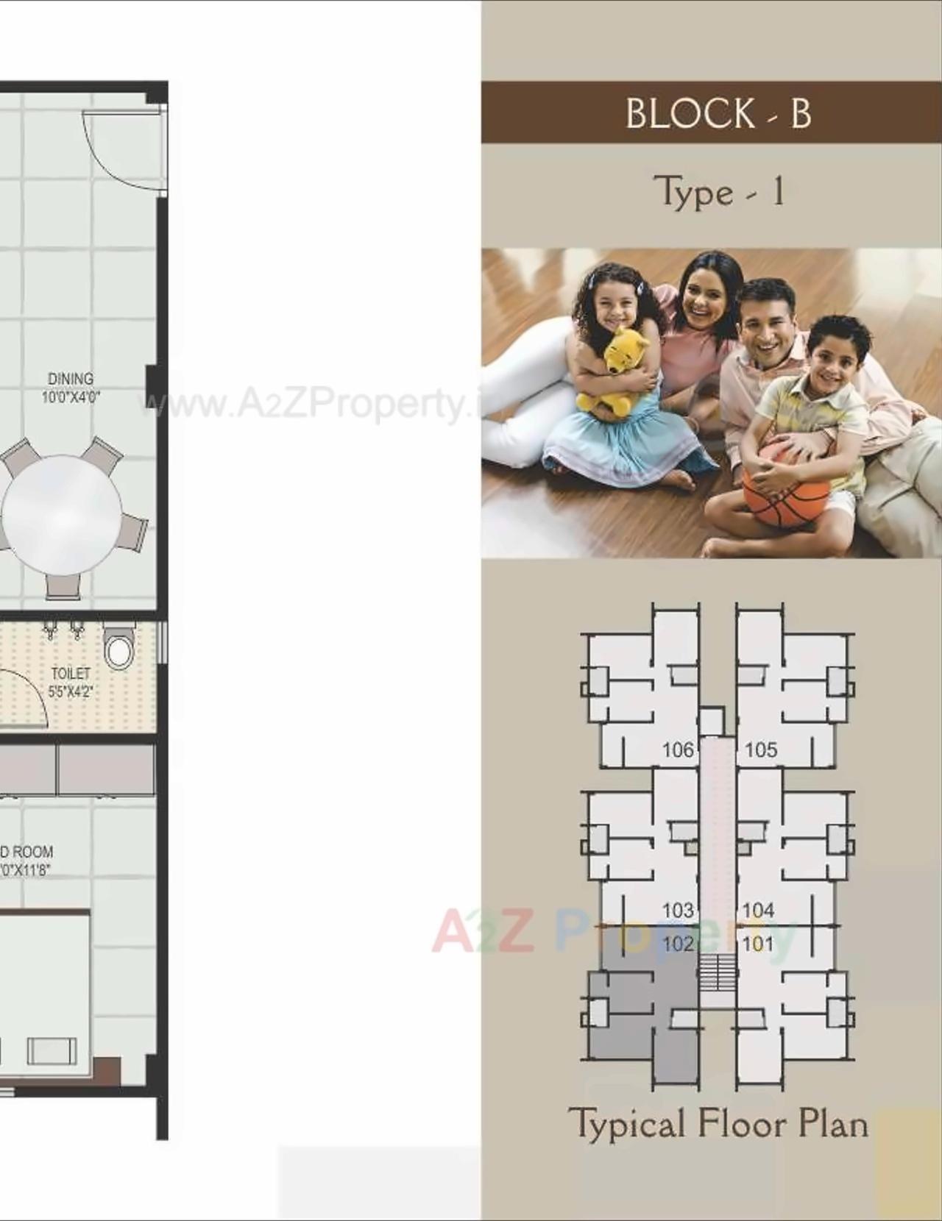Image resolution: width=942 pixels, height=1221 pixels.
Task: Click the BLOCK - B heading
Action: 718,113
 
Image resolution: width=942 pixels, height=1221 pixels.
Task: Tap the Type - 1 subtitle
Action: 718,193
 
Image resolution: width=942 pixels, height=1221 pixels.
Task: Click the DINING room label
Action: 71,379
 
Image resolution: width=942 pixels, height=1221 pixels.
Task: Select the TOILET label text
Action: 71,673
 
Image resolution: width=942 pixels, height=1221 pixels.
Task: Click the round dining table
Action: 62,514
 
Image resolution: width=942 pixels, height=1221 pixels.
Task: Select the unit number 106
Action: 678,750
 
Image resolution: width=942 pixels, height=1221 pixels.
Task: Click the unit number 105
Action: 760,750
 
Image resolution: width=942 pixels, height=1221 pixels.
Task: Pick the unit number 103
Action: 678,911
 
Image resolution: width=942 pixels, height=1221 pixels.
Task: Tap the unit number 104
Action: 758,911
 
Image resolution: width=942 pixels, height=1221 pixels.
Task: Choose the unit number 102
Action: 678,944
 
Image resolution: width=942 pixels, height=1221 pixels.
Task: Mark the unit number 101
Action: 758,944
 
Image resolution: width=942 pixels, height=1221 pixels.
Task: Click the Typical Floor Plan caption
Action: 718,1124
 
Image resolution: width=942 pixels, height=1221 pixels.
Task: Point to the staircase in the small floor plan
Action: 717,972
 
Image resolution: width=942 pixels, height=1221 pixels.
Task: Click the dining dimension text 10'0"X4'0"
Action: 71,397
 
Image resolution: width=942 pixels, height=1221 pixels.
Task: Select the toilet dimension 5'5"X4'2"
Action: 71,691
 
